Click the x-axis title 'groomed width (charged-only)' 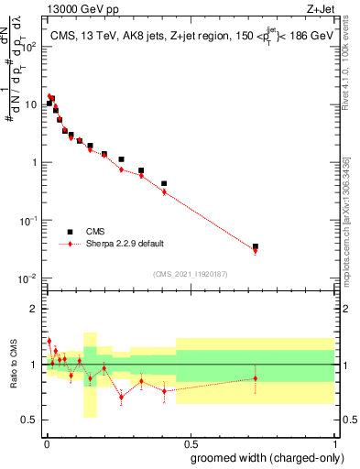(263, 457)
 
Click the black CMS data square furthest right (256, 246)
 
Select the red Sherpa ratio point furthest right (256, 377)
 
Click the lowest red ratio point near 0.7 (121, 398)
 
